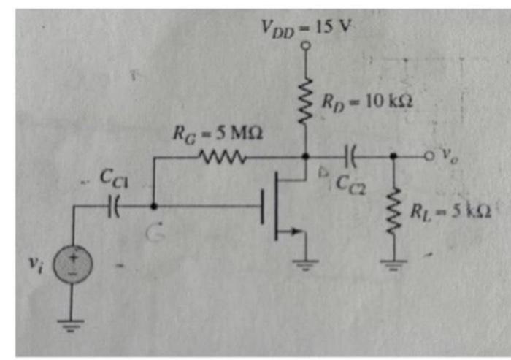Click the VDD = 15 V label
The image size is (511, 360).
pos(307,27)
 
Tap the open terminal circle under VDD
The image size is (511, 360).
pos(307,46)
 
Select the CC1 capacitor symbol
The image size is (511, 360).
pos(114,207)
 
